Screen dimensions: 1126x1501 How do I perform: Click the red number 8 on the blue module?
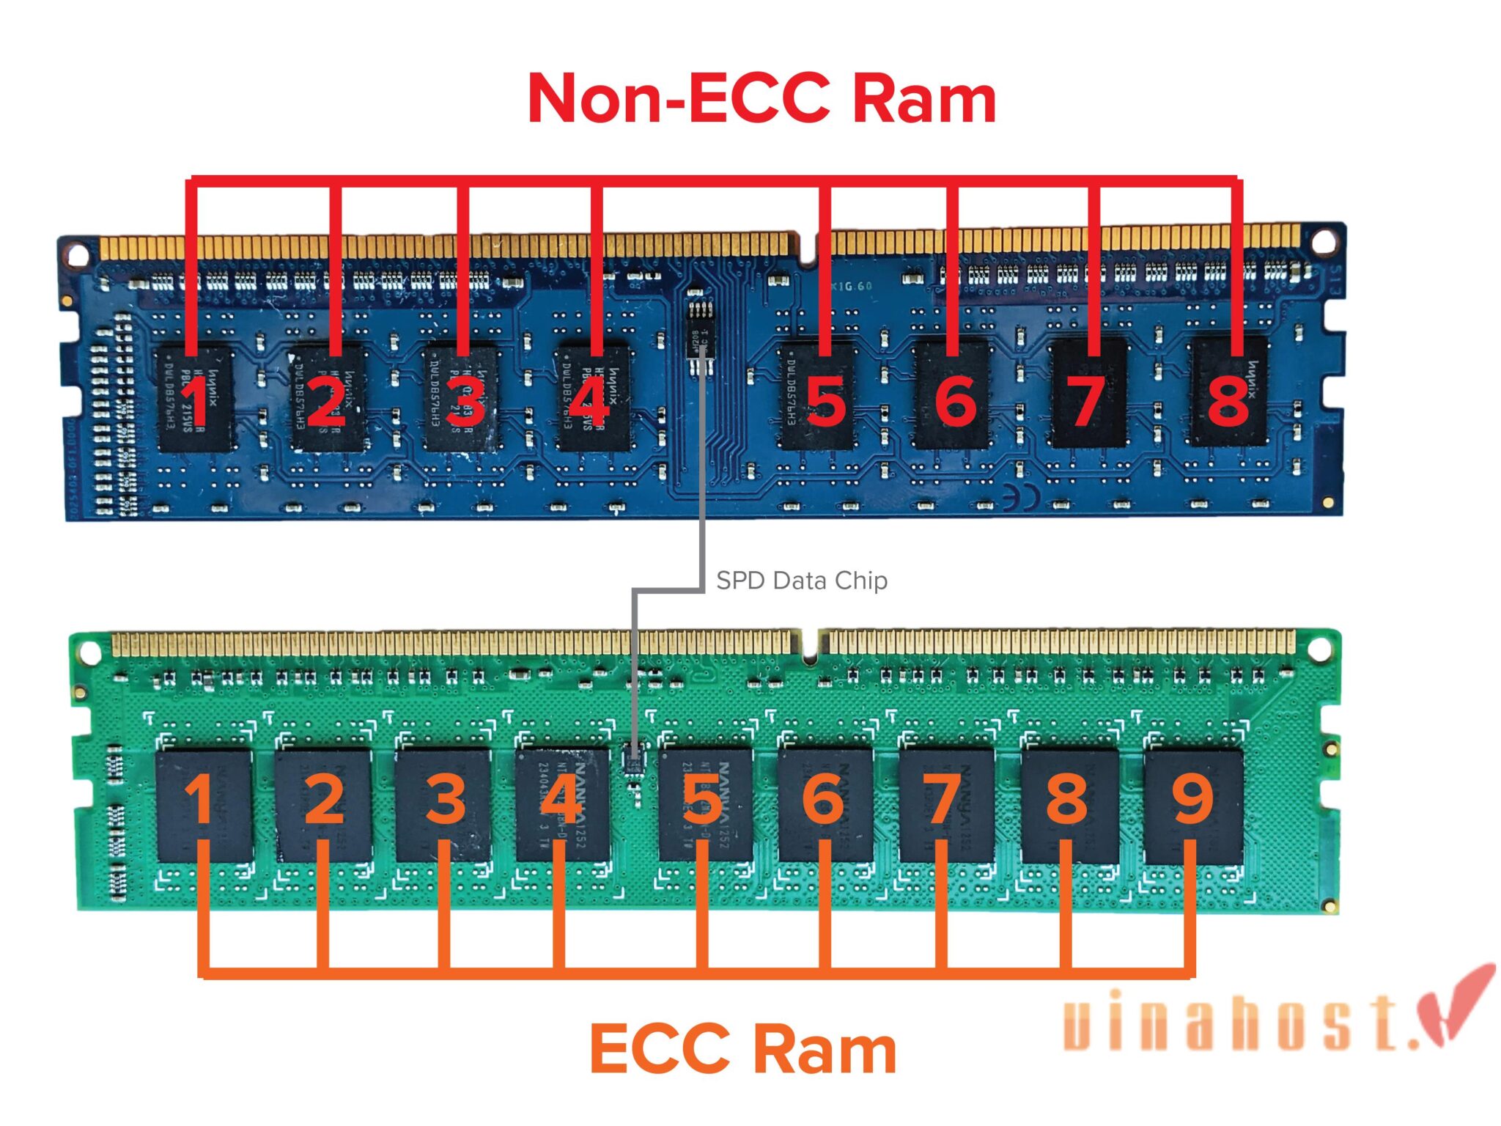point(1228,401)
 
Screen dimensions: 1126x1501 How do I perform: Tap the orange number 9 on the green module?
point(1192,799)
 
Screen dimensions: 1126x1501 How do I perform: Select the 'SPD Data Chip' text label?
point(802,581)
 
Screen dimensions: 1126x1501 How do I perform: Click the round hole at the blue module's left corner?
point(76,255)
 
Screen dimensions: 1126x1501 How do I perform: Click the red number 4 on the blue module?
point(589,401)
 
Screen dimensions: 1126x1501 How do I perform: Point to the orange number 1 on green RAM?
point(199,799)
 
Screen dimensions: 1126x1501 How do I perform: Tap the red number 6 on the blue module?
point(956,401)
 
